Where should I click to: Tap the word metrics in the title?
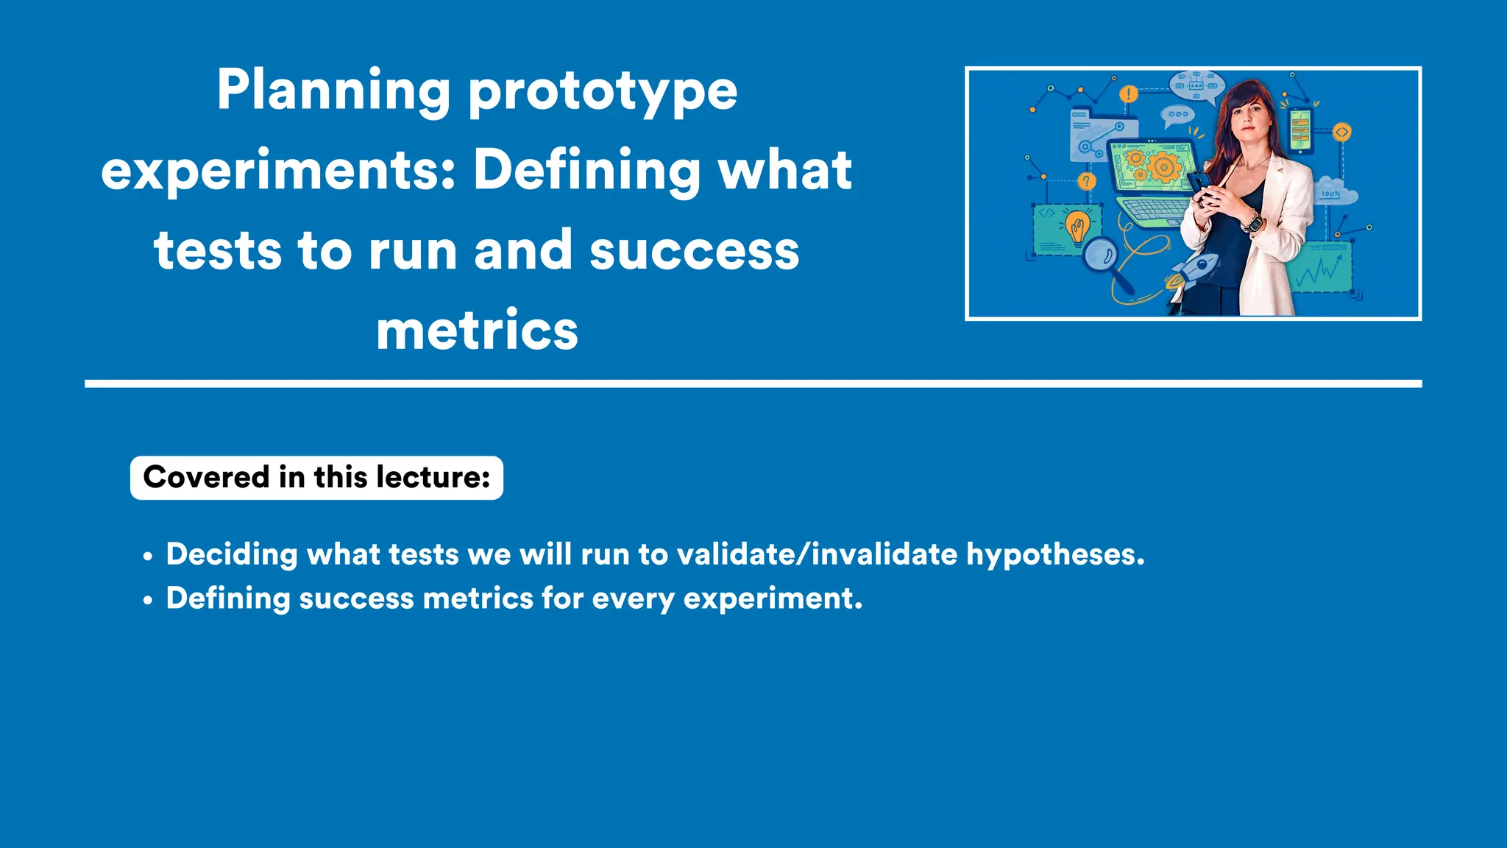(477, 331)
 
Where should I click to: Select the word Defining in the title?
(586, 171)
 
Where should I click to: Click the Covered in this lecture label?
(316, 478)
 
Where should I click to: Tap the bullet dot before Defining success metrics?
(148, 601)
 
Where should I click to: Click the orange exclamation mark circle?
(1128, 94)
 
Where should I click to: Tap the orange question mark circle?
(1087, 181)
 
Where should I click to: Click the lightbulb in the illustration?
(1078, 225)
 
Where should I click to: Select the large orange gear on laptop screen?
(1163, 166)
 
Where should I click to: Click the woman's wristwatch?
(1252, 221)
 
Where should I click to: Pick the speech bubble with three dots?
(1177, 115)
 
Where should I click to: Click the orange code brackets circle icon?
(1342, 132)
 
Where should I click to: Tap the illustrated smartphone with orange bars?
(1300, 131)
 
